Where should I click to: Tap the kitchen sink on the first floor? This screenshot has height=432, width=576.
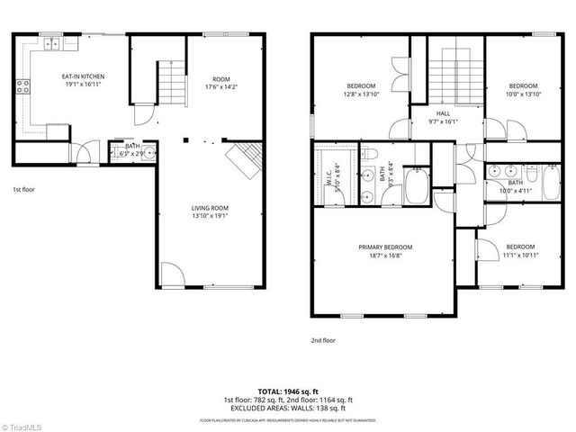pos(52,42)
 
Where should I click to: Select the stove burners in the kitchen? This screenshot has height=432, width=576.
pos(22,87)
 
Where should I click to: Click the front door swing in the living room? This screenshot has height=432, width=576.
pos(173,275)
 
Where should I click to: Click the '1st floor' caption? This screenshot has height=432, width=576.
pos(23,190)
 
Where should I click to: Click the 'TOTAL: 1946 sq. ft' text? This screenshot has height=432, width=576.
pos(288,392)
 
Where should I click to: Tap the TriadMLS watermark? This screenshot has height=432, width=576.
pos(22,425)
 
